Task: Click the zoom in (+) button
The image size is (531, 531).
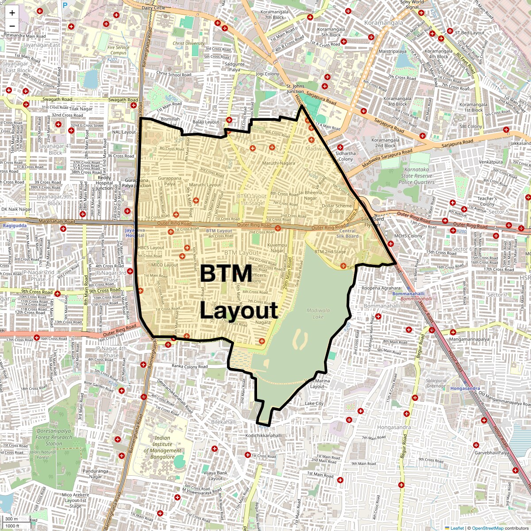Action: tap(12, 13)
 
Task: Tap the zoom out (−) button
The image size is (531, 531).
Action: tap(12, 26)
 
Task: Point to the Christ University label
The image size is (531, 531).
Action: tap(189, 43)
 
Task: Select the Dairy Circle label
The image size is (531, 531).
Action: tap(153, 8)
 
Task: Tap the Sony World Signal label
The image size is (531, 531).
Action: tap(412, 4)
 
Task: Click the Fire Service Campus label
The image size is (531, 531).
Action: tap(118, 50)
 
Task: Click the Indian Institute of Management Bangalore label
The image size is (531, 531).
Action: tap(162, 447)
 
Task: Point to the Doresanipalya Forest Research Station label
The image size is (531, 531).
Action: tap(54, 437)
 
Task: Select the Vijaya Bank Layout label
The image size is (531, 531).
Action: tap(215, 476)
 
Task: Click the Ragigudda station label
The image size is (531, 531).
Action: tap(15, 226)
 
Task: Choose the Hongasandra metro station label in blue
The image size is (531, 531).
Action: tap(464, 389)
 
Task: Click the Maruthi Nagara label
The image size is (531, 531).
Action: tap(278, 163)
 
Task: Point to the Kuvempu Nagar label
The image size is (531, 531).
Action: tap(277, 248)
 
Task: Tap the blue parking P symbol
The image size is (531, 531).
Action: tap(65, 6)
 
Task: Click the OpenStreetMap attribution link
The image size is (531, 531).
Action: tap(487, 528)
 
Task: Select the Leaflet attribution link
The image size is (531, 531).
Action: tap(457, 528)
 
